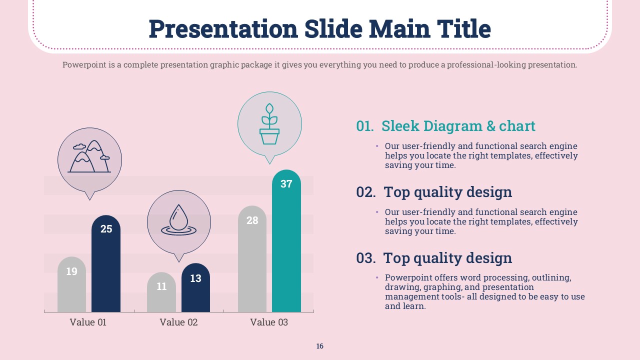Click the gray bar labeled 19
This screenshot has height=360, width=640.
click(x=71, y=284)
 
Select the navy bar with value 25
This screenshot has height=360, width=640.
click(x=106, y=263)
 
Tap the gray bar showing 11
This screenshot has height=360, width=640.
click(x=161, y=292)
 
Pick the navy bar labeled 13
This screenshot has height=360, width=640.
click(x=195, y=287)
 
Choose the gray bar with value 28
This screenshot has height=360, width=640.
click(x=252, y=259)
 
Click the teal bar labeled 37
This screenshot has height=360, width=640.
click(x=286, y=241)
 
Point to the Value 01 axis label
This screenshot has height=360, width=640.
click(x=88, y=322)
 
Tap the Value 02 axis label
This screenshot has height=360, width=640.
click(x=178, y=322)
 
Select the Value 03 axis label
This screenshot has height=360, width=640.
click(x=269, y=322)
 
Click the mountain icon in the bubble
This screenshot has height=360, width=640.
click(x=89, y=156)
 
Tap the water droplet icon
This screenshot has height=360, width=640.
click(x=179, y=219)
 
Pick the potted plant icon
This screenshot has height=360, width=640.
click(x=269, y=123)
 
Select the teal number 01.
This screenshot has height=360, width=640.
click(x=365, y=126)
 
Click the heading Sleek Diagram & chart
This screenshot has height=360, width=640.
click(x=458, y=126)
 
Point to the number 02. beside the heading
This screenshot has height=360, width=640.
click(x=366, y=192)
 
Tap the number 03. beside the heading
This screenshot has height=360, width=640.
click(x=366, y=258)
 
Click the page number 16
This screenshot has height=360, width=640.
click(x=319, y=346)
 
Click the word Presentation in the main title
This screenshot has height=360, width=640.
click(x=223, y=29)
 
